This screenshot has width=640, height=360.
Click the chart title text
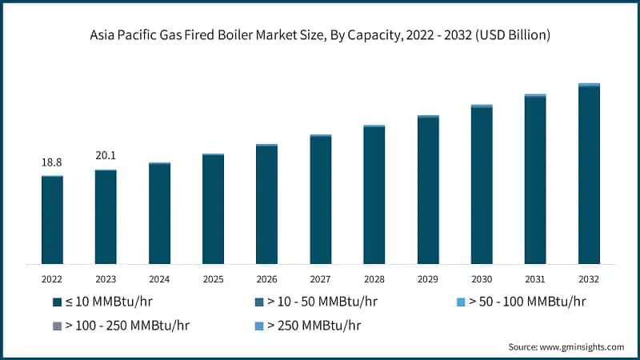pos(320,36)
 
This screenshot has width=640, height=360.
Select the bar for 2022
pos(52,220)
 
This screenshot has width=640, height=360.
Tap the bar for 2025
pos(213,209)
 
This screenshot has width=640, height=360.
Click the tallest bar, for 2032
pos(589,174)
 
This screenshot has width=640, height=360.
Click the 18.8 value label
pos(52,162)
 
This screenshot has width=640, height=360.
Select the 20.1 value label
pos(106,156)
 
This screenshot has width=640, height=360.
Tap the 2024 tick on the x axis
pos(159,279)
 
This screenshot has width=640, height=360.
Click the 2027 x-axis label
pos(321,279)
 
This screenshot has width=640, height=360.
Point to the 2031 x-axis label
pos(535,279)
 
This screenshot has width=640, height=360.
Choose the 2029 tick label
pos(428,279)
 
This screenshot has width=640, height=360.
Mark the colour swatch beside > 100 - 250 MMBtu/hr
pos(57,326)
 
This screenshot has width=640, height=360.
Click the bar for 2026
pos(266,204)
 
